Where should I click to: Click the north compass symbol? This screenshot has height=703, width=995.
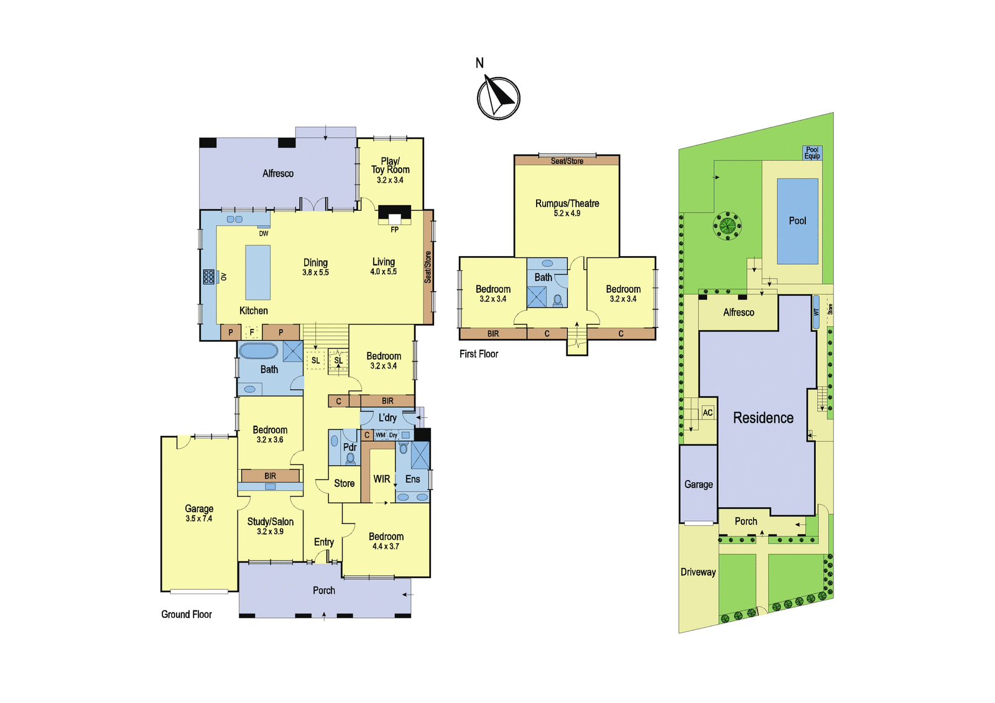(498, 98)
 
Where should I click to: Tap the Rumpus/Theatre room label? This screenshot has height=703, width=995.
(567, 203)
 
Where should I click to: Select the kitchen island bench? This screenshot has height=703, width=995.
(258, 273)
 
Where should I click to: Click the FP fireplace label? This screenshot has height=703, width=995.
(394, 229)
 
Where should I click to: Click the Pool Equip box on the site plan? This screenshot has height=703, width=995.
(812, 153)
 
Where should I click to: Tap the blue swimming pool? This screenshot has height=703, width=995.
(798, 221)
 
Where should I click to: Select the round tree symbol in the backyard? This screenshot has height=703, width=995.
(727, 226)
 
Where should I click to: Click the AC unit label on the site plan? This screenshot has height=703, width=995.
(708, 413)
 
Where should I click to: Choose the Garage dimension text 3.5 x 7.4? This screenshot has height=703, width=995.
(199, 518)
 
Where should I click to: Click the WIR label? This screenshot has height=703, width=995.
(382, 479)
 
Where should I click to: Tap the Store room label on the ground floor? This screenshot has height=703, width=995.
(345, 483)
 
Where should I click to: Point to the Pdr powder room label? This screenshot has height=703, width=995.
(350, 447)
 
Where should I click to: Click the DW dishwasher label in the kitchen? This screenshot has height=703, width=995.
(264, 234)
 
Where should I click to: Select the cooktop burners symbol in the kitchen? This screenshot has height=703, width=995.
(209, 277)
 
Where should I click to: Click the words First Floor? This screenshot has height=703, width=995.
(479, 354)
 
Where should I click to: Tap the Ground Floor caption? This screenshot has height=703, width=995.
(187, 614)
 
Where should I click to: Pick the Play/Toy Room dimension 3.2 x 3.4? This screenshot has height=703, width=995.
(390, 180)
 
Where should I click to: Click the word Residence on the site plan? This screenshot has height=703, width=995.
(763, 418)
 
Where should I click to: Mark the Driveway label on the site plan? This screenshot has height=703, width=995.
(698, 572)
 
